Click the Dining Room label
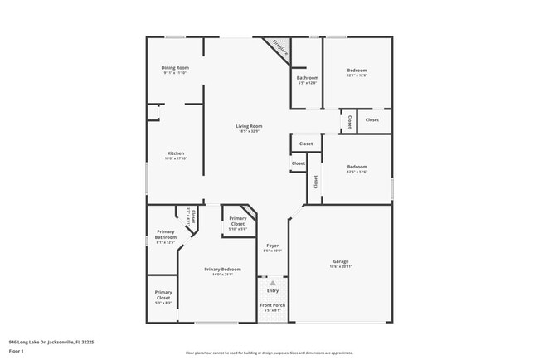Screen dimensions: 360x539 coord(175,67)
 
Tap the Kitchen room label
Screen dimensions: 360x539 coord(175,153)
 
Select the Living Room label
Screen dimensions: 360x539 coord(250,126)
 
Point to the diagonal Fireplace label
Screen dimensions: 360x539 coord(280,49)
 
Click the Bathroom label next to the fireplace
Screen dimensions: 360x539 coord(307,78)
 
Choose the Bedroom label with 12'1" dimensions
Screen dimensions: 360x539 coord(357,71)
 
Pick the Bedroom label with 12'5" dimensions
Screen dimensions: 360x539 coord(357,167)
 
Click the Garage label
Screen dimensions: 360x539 coord(341,261)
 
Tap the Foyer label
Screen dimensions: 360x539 coord(273,246)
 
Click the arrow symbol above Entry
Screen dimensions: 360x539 coord(272,283)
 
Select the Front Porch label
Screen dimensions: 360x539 coord(272,306)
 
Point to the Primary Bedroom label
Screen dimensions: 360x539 coord(223,269)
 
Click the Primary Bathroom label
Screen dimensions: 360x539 coord(165,235)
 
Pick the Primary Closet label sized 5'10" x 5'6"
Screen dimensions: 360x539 coord(238,221)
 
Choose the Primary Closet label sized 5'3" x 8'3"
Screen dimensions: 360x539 coord(163,294)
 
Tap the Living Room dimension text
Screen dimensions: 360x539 coord(250,131)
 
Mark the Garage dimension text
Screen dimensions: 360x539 coord(341,266)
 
